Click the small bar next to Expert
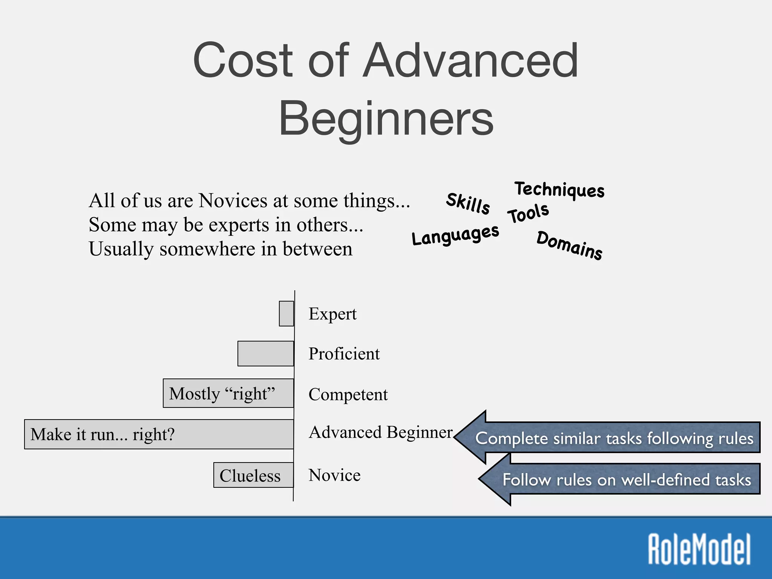[286, 314]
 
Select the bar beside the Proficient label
[266, 354]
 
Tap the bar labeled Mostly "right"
[228, 394]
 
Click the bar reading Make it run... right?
[159, 434]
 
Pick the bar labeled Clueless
[253, 475]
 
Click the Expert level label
[332, 314]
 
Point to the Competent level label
[348, 395]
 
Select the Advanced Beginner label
[380, 432]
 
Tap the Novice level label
[334, 475]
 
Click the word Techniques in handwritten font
[559, 189]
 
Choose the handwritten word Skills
[468, 203]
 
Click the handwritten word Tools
[528, 213]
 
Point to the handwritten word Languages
[455, 235]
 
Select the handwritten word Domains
[569, 245]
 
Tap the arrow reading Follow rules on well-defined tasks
[626, 479]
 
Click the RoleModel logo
[699, 549]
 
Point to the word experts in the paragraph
[239, 225]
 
